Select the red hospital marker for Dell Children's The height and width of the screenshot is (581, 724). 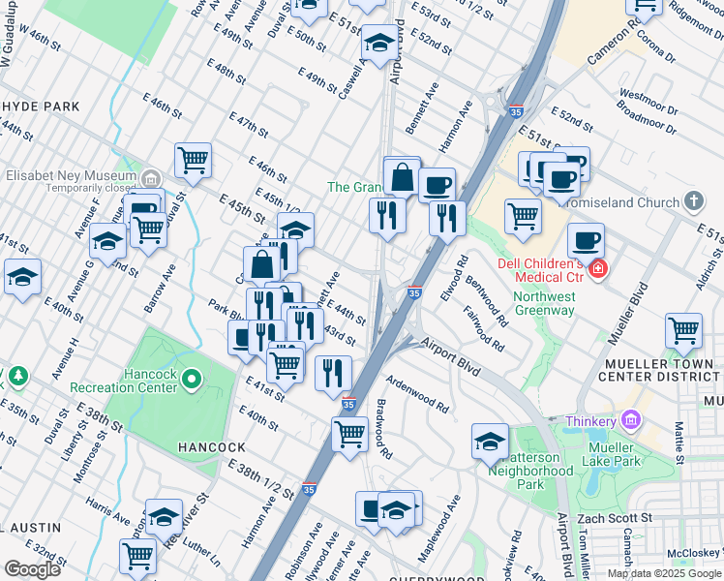(598, 268)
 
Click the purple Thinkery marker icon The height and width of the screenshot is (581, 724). (631, 421)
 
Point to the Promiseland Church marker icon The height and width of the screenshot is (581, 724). (692, 202)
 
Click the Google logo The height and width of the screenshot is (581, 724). (32, 568)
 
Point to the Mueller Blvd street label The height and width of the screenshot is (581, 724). (622, 308)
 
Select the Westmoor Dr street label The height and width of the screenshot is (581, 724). (643, 97)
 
